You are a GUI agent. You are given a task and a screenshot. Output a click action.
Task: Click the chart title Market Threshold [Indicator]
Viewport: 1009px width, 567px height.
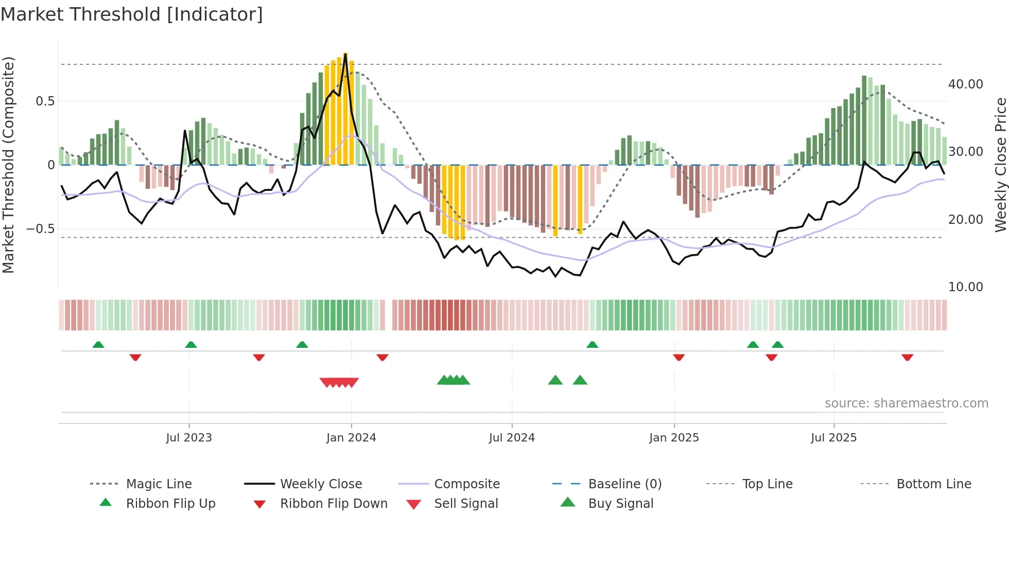click(132, 14)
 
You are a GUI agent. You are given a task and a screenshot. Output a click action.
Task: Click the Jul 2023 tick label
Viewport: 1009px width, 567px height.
click(189, 438)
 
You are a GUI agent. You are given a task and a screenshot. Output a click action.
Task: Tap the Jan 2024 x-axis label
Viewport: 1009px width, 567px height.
click(351, 438)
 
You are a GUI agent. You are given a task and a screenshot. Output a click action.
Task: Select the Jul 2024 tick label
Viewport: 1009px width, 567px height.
click(512, 438)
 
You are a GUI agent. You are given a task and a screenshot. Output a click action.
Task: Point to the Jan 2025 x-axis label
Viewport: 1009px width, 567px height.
click(674, 438)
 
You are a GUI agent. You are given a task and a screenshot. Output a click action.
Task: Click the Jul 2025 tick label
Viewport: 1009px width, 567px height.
click(833, 438)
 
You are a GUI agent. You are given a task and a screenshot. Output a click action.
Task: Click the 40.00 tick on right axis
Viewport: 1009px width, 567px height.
click(965, 84)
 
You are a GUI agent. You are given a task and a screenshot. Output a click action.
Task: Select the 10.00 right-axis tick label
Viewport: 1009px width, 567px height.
click(965, 287)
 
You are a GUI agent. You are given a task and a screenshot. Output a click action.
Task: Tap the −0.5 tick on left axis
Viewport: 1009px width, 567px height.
click(41, 228)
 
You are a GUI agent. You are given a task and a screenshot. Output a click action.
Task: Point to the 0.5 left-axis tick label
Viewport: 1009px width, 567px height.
click(45, 101)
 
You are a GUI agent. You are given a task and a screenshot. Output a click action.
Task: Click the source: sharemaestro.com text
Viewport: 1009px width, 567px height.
click(906, 403)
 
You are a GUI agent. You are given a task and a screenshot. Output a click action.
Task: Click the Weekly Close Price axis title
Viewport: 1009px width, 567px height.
click(1000, 165)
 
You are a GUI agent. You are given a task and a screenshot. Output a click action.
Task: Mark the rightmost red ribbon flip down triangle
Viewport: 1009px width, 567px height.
click(907, 357)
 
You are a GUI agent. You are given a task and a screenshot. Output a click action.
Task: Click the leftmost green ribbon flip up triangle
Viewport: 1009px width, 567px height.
click(98, 345)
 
